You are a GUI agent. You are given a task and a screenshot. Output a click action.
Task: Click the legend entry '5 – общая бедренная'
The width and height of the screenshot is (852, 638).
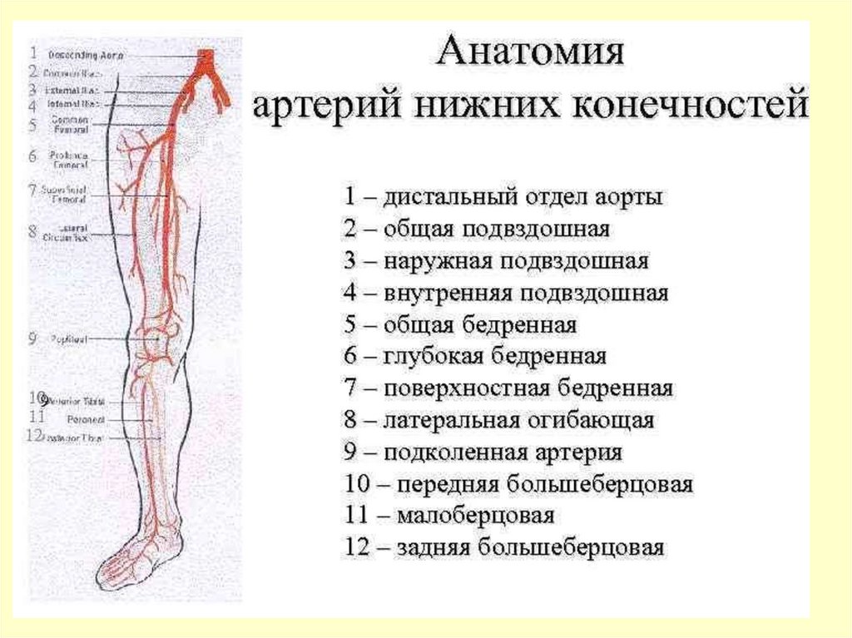[x=460, y=324]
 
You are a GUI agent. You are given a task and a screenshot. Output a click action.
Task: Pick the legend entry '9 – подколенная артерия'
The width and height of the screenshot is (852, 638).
[x=483, y=452]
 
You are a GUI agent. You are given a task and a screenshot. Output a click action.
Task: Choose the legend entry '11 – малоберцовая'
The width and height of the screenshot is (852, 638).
[x=448, y=516]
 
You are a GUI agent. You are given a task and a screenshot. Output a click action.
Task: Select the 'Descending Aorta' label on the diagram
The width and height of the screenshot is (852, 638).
[x=85, y=55]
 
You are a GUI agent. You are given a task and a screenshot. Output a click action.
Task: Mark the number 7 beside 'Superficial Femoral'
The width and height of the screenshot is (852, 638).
[x=32, y=190]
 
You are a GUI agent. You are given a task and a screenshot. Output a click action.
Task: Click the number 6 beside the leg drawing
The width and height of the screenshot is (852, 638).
[x=32, y=156]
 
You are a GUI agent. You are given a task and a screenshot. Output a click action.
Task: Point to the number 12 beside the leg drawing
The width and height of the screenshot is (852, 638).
[x=33, y=434]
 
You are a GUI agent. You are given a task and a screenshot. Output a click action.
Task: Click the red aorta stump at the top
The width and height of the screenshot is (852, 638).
[x=205, y=58]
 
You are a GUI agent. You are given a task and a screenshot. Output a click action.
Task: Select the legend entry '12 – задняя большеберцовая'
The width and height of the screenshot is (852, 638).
[x=503, y=547]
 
